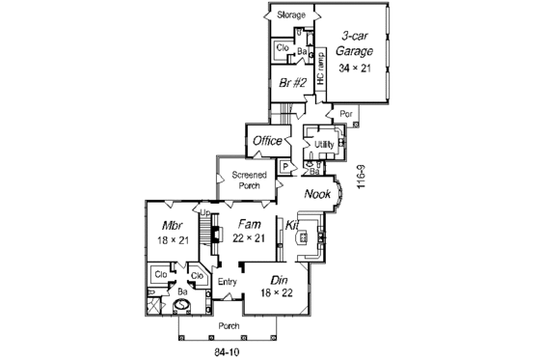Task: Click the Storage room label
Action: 291,15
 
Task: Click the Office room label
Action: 267,142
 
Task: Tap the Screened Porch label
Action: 249,180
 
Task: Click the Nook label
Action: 317,194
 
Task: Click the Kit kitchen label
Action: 292,225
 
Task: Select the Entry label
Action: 228,282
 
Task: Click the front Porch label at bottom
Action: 228,325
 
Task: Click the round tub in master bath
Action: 178,304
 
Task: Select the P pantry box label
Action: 285,166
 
